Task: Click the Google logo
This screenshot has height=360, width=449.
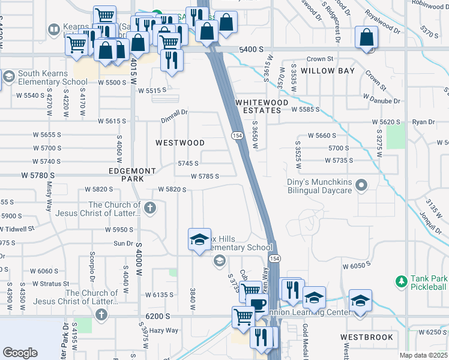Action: [20, 353]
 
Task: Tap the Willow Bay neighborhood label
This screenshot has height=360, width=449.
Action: [328, 71]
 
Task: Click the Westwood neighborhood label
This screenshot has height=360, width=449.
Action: [180, 143]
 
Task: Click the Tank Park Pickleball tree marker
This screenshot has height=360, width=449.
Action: [401, 281]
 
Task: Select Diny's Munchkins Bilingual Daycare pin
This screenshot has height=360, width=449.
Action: [361, 185]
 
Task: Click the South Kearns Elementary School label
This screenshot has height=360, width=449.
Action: [53, 77]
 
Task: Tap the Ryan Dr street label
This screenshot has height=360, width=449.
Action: [423, 122]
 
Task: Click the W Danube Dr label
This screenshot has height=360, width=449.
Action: [382, 97]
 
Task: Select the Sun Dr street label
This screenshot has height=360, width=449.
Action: [123, 243]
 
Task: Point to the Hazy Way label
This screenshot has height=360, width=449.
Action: [164, 330]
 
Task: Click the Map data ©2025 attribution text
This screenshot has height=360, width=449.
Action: [423, 355]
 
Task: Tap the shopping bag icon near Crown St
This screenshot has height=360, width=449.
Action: [366, 38]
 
